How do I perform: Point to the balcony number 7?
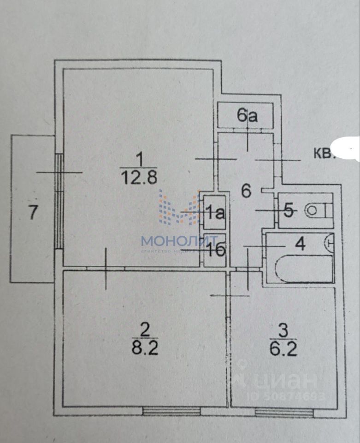coord(33,213)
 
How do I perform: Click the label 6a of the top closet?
coord(247,116)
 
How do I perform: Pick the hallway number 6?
coord(246,191)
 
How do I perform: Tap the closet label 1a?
coord(215,213)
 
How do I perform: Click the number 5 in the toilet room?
coord(289,211)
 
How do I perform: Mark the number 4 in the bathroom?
coord(300,244)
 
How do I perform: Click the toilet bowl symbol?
coord(315,211)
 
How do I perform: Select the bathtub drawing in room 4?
coord(304,267)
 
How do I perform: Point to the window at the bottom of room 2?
coord(171,410)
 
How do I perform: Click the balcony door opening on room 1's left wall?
coord(59,201)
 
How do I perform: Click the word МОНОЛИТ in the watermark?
coord(177,240)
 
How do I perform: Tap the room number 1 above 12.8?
coord(139,160)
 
